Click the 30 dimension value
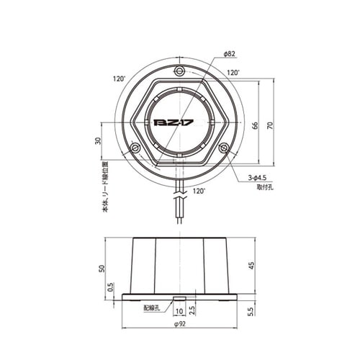tap(98, 141)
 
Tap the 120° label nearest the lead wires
tap(199, 192)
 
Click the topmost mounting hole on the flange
tap(179, 71)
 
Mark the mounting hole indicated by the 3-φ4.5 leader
tap(225, 148)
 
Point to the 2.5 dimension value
tap(192, 312)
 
